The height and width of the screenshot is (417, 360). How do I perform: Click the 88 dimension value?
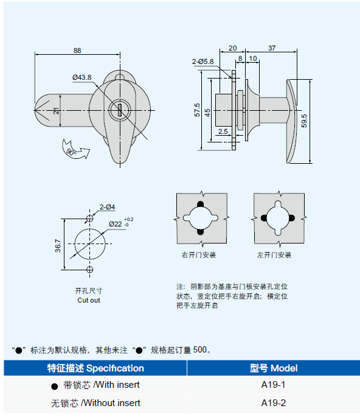(x=77, y=51)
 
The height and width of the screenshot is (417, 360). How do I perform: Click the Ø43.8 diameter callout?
(x=82, y=77)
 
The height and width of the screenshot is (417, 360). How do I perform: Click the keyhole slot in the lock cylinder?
(x=120, y=110)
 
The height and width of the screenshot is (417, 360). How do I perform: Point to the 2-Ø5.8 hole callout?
(x=202, y=61)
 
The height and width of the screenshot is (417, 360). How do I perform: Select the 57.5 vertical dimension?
(x=197, y=110)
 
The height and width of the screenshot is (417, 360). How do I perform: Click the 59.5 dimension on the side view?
(x=304, y=121)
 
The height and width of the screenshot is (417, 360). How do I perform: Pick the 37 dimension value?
(x=272, y=48)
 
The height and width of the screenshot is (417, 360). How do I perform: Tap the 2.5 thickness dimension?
(x=223, y=131)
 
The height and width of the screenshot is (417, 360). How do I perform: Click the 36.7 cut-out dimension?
(x=58, y=245)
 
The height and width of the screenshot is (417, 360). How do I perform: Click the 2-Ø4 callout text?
(x=107, y=207)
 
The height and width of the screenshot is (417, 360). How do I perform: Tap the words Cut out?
(x=89, y=300)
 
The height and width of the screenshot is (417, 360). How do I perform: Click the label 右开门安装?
(x=198, y=255)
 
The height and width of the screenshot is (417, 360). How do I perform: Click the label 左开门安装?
(x=274, y=255)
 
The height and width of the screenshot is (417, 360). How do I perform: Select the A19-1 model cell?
(x=273, y=385)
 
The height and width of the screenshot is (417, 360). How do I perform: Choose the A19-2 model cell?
(x=274, y=403)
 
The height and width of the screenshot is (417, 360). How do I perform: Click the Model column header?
(x=274, y=368)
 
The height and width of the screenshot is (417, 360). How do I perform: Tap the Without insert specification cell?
(x=95, y=403)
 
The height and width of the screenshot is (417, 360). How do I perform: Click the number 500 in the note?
(x=200, y=349)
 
